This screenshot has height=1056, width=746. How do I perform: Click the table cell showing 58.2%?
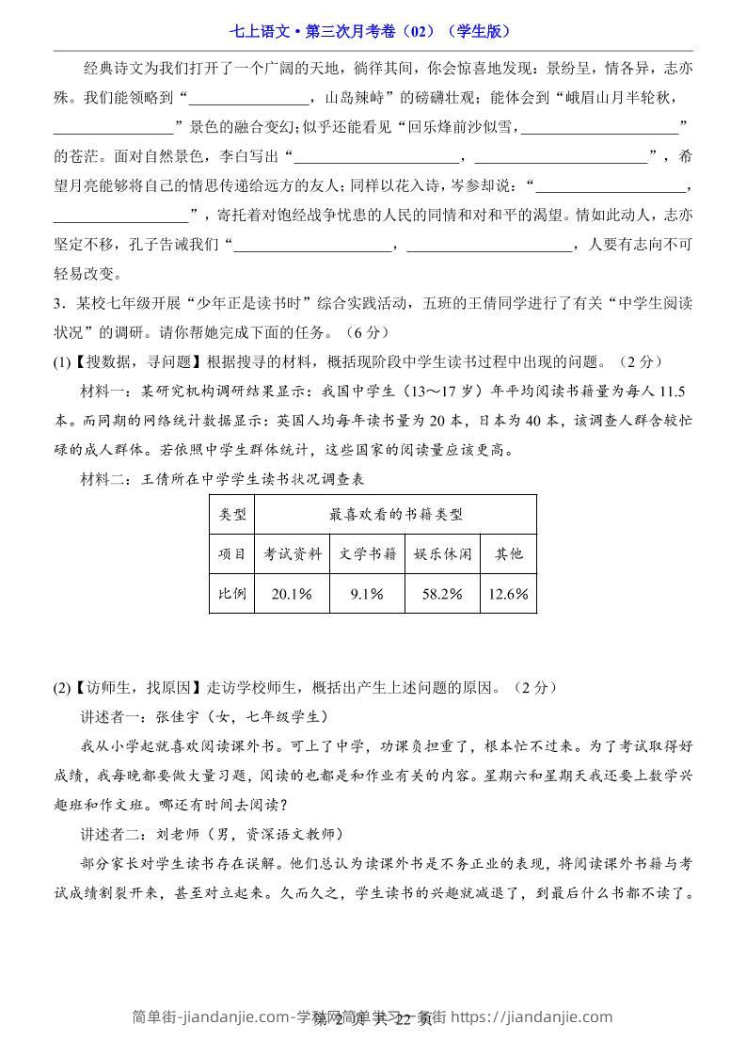click(x=442, y=594)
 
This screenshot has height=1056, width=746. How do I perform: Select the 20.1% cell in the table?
click(x=292, y=594)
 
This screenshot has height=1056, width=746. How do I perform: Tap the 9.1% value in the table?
click(x=367, y=594)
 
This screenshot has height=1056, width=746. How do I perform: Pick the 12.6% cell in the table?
click(x=509, y=594)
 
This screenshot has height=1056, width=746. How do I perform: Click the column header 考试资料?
click(x=292, y=553)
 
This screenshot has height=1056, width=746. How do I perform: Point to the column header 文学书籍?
click(x=367, y=553)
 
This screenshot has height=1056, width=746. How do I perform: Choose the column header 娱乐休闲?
click(x=442, y=553)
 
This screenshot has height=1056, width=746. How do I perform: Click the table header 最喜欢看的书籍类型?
click(x=396, y=514)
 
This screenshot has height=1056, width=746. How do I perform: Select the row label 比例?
click(x=231, y=594)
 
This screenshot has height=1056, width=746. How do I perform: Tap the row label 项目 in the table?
click(x=231, y=553)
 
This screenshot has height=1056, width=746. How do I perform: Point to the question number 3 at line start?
click(x=58, y=302)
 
